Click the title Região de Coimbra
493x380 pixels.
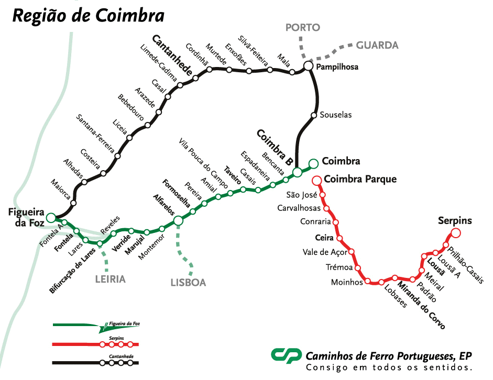click(88, 16)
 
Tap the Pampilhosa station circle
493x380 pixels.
click(308, 66)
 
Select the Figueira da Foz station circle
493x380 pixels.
click(51, 218)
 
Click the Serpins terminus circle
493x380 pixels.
click(456, 233)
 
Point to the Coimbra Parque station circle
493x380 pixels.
click(316, 181)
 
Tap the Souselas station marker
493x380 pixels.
click(314, 115)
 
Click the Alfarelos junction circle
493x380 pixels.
click(178, 221)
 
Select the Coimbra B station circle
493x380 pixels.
click(297, 172)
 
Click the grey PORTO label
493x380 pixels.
click(302, 28)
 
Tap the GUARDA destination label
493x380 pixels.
click(377, 46)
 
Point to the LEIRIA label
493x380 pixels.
click(110, 279)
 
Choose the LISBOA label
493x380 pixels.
click(188, 283)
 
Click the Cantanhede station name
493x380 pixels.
click(172, 55)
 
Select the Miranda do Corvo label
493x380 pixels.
click(421, 306)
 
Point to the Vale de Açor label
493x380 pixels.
click(325, 252)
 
